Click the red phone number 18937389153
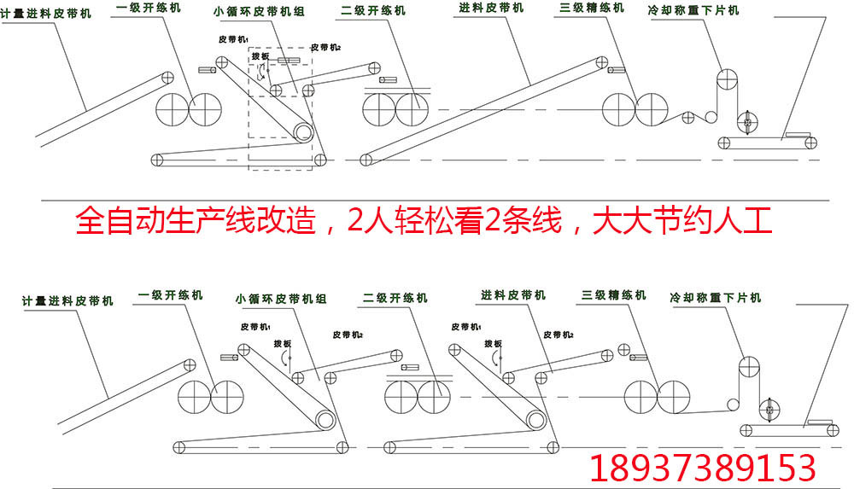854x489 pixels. click(704, 468)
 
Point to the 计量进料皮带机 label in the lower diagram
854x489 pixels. click(68, 300)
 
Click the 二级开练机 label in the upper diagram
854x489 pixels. click(373, 12)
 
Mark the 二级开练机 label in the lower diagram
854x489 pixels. click(395, 298)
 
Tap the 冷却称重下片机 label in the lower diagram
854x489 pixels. click(716, 298)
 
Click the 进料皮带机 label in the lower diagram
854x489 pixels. click(513, 294)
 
